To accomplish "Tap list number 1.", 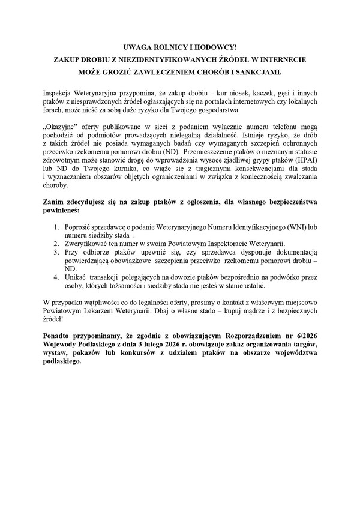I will tap(55, 227).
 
